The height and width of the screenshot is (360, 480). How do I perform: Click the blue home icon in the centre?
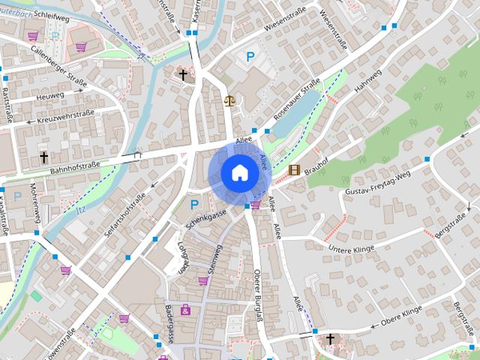point(239,173)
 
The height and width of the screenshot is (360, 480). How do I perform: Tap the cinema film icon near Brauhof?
point(294,170)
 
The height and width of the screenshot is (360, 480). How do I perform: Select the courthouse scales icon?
point(229,100)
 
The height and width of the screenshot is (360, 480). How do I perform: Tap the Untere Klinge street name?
point(351,247)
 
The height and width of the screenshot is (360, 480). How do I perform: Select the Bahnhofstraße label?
point(75,165)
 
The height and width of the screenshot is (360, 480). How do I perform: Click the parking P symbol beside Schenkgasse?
point(194,204)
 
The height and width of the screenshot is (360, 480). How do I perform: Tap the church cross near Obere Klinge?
point(330,340)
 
